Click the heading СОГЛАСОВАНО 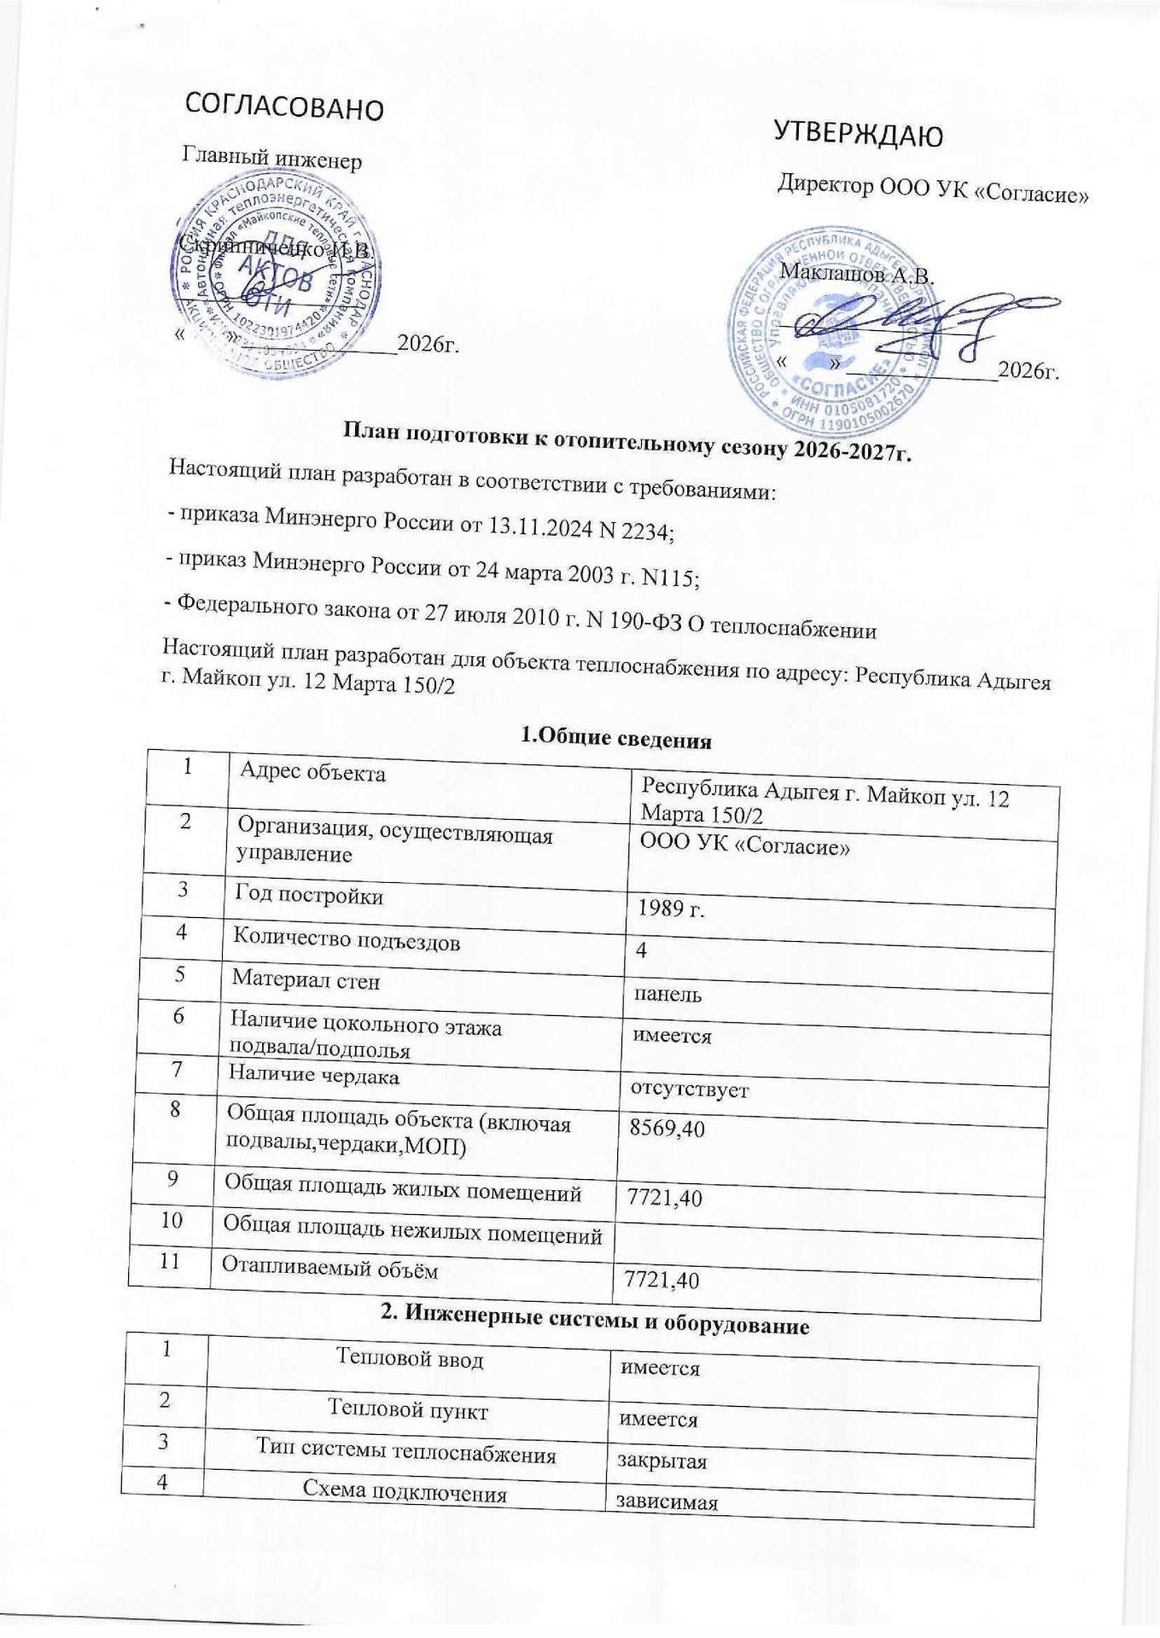285,106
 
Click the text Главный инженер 272,159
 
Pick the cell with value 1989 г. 671,909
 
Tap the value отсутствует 689,1089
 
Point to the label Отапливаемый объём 329,1269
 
